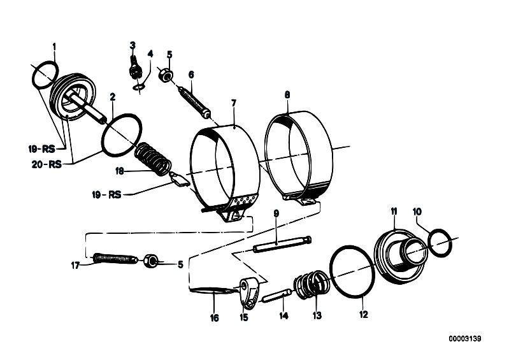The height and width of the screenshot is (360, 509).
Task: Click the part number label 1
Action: pos(54,46)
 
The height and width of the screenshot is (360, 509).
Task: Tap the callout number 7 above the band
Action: pos(234,103)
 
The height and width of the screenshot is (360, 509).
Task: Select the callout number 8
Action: pos(287,94)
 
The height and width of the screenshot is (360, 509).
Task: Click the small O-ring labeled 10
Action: pos(440,243)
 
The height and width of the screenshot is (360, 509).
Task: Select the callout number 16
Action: pos(215,317)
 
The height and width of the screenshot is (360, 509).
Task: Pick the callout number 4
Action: pos(150,54)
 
